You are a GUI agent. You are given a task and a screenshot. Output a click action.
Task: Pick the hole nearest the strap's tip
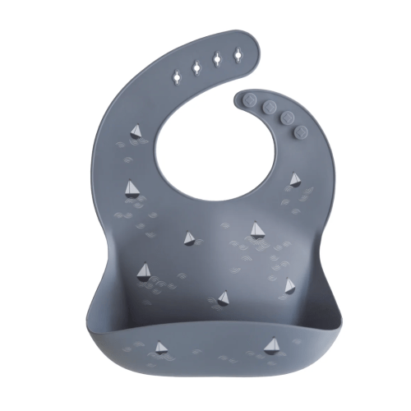pyautogui.click(x=238, y=53)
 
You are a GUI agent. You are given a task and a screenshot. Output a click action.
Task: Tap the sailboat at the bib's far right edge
pyautogui.click(x=295, y=178)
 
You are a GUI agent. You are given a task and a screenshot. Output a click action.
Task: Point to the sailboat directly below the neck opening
pyautogui.click(x=190, y=238)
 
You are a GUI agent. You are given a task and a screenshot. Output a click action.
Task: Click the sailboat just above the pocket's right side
pyautogui.click(x=289, y=286)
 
